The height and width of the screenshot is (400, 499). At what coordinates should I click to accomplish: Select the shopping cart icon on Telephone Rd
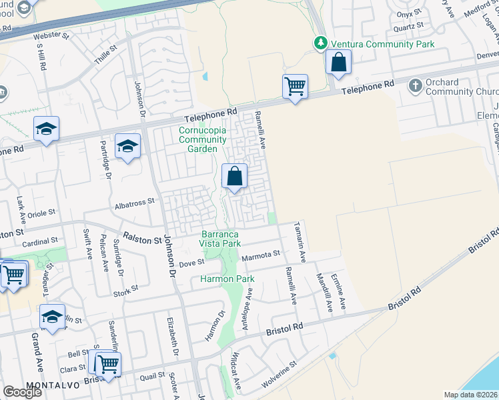294,86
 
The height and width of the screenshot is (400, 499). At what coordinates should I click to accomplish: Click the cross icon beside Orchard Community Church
415,86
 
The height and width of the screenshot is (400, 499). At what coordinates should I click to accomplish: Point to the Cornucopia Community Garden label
207,135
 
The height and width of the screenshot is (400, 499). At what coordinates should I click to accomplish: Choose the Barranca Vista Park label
221,239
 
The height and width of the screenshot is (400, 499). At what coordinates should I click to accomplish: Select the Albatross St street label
134,200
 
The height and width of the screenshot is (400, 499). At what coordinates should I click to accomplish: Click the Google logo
23,392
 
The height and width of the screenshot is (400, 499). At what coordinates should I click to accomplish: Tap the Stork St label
125,289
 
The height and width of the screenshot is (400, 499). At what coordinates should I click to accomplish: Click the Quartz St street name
408,27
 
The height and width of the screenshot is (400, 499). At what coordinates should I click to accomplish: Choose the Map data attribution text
470,395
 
